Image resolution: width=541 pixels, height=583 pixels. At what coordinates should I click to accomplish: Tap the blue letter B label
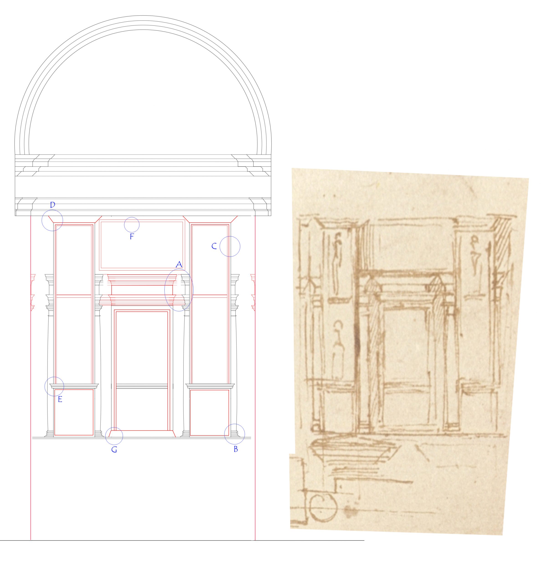click(236, 449)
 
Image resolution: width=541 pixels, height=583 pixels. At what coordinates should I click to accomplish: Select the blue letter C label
click(214, 246)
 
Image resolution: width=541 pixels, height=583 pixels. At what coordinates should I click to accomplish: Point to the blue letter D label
click(53, 205)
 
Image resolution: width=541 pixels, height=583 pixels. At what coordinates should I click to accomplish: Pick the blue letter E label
click(60, 399)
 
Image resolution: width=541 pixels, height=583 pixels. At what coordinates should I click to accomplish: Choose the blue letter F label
click(132, 237)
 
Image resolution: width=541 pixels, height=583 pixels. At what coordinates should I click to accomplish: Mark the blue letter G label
click(114, 450)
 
